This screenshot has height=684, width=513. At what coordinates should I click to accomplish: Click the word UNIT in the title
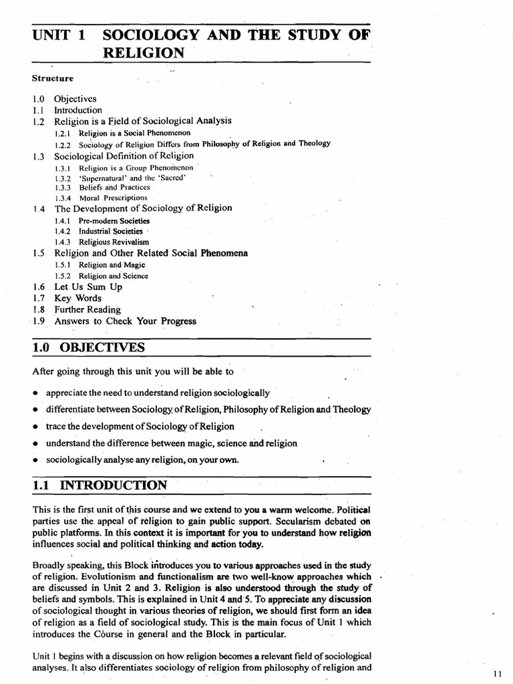52,35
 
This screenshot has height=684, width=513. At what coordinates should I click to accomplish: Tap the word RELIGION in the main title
144,53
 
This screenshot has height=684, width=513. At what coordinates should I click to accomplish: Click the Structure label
53,78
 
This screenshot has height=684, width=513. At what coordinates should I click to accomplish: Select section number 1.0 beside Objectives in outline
37,99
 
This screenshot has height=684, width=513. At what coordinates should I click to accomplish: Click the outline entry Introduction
78,110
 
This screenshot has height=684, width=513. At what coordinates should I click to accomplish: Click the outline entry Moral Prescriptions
113,198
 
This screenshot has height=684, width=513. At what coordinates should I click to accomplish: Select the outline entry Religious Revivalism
114,242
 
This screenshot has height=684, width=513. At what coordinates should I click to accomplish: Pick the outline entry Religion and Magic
112,265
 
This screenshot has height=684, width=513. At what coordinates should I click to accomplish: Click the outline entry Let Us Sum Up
88,287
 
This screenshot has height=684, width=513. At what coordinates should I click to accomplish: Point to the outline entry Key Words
77,298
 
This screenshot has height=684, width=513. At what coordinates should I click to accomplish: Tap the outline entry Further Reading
88,309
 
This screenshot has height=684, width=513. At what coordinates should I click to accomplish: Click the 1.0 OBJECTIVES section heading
88,347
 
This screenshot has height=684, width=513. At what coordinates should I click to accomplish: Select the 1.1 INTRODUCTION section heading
100,486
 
